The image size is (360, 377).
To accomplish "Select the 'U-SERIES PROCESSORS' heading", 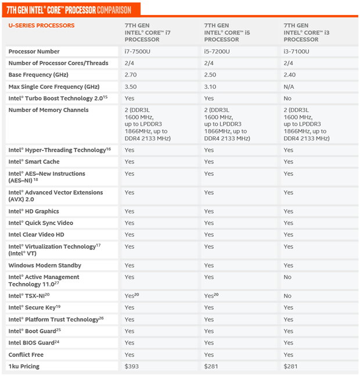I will point(41,26).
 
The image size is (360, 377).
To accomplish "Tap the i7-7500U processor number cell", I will point(137,52).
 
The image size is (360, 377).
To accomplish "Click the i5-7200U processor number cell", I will point(217,52).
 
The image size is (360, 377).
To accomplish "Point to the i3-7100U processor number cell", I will point(296,52).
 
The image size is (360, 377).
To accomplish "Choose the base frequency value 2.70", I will point(131,75).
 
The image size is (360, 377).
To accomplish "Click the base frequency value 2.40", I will point(290,75).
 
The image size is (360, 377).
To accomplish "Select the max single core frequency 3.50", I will point(131,86).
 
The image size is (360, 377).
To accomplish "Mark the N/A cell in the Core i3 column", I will point(289,86).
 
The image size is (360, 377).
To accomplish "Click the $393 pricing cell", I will point(132,367).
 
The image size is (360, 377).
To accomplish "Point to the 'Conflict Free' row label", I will point(26,354).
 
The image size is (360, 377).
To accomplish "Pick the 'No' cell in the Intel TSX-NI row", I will point(288,296).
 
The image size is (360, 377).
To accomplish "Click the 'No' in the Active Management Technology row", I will point(288,277).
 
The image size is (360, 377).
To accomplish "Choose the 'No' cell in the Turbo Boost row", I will point(288,99).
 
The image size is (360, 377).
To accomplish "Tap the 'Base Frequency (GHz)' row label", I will point(38,75).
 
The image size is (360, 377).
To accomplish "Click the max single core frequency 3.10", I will point(210,86).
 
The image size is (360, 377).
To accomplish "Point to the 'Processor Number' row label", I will point(34,52).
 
